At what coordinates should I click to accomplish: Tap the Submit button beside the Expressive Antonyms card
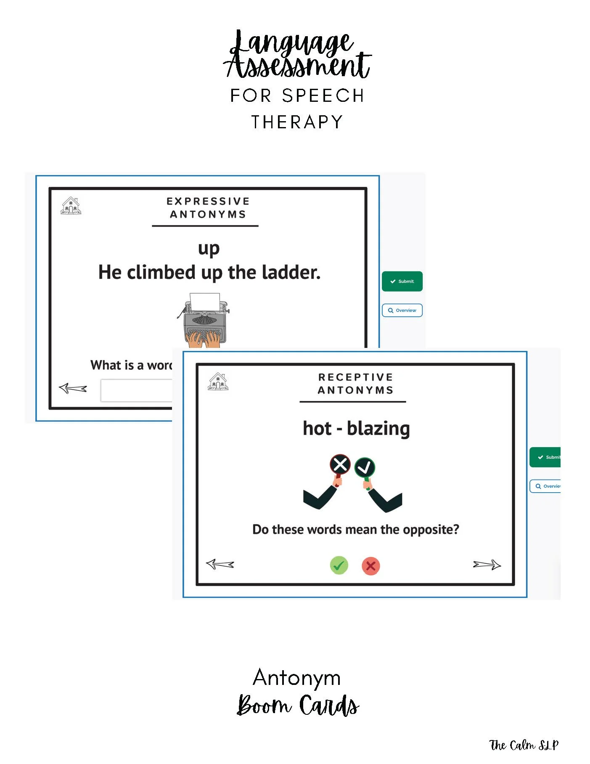pos(402,281)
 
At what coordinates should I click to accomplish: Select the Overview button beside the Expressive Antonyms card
pos(402,310)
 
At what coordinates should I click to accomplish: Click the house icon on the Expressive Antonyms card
pos(71,206)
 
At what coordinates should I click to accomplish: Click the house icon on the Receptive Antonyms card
pos(218,382)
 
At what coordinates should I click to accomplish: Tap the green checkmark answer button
pos(339,565)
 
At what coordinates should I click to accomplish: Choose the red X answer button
pos(371,566)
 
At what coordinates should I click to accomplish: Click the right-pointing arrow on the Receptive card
pos(487,565)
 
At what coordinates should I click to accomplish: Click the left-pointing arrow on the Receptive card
pos(220,564)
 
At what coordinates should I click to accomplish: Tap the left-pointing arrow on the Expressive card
pos(73,388)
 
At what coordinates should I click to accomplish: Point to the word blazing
pos(378,429)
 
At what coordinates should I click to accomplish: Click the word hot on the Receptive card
pos(317,429)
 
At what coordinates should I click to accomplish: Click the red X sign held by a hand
pos(340,465)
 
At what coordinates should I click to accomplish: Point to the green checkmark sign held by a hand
pos(365,467)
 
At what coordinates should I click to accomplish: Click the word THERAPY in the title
pos(297,122)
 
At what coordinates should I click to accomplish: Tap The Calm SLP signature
pos(524,745)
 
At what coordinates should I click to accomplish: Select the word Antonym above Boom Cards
pos(297,678)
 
